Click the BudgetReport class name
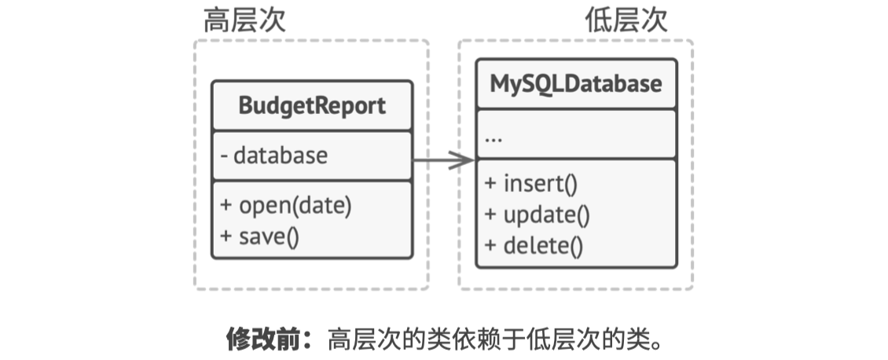(312, 105)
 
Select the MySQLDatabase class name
(576, 83)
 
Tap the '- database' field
(274, 156)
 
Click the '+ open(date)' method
(286, 206)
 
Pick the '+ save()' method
(260, 235)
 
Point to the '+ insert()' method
(531, 184)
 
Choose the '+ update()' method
(537, 214)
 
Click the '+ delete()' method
(534, 245)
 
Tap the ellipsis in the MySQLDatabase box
(494, 138)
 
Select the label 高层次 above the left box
(244, 21)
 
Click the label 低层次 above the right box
(626, 21)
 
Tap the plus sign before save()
(226, 235)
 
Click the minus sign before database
(225, 156)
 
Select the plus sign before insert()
(490, 184)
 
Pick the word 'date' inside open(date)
(324, 206)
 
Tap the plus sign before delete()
(490, 245)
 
